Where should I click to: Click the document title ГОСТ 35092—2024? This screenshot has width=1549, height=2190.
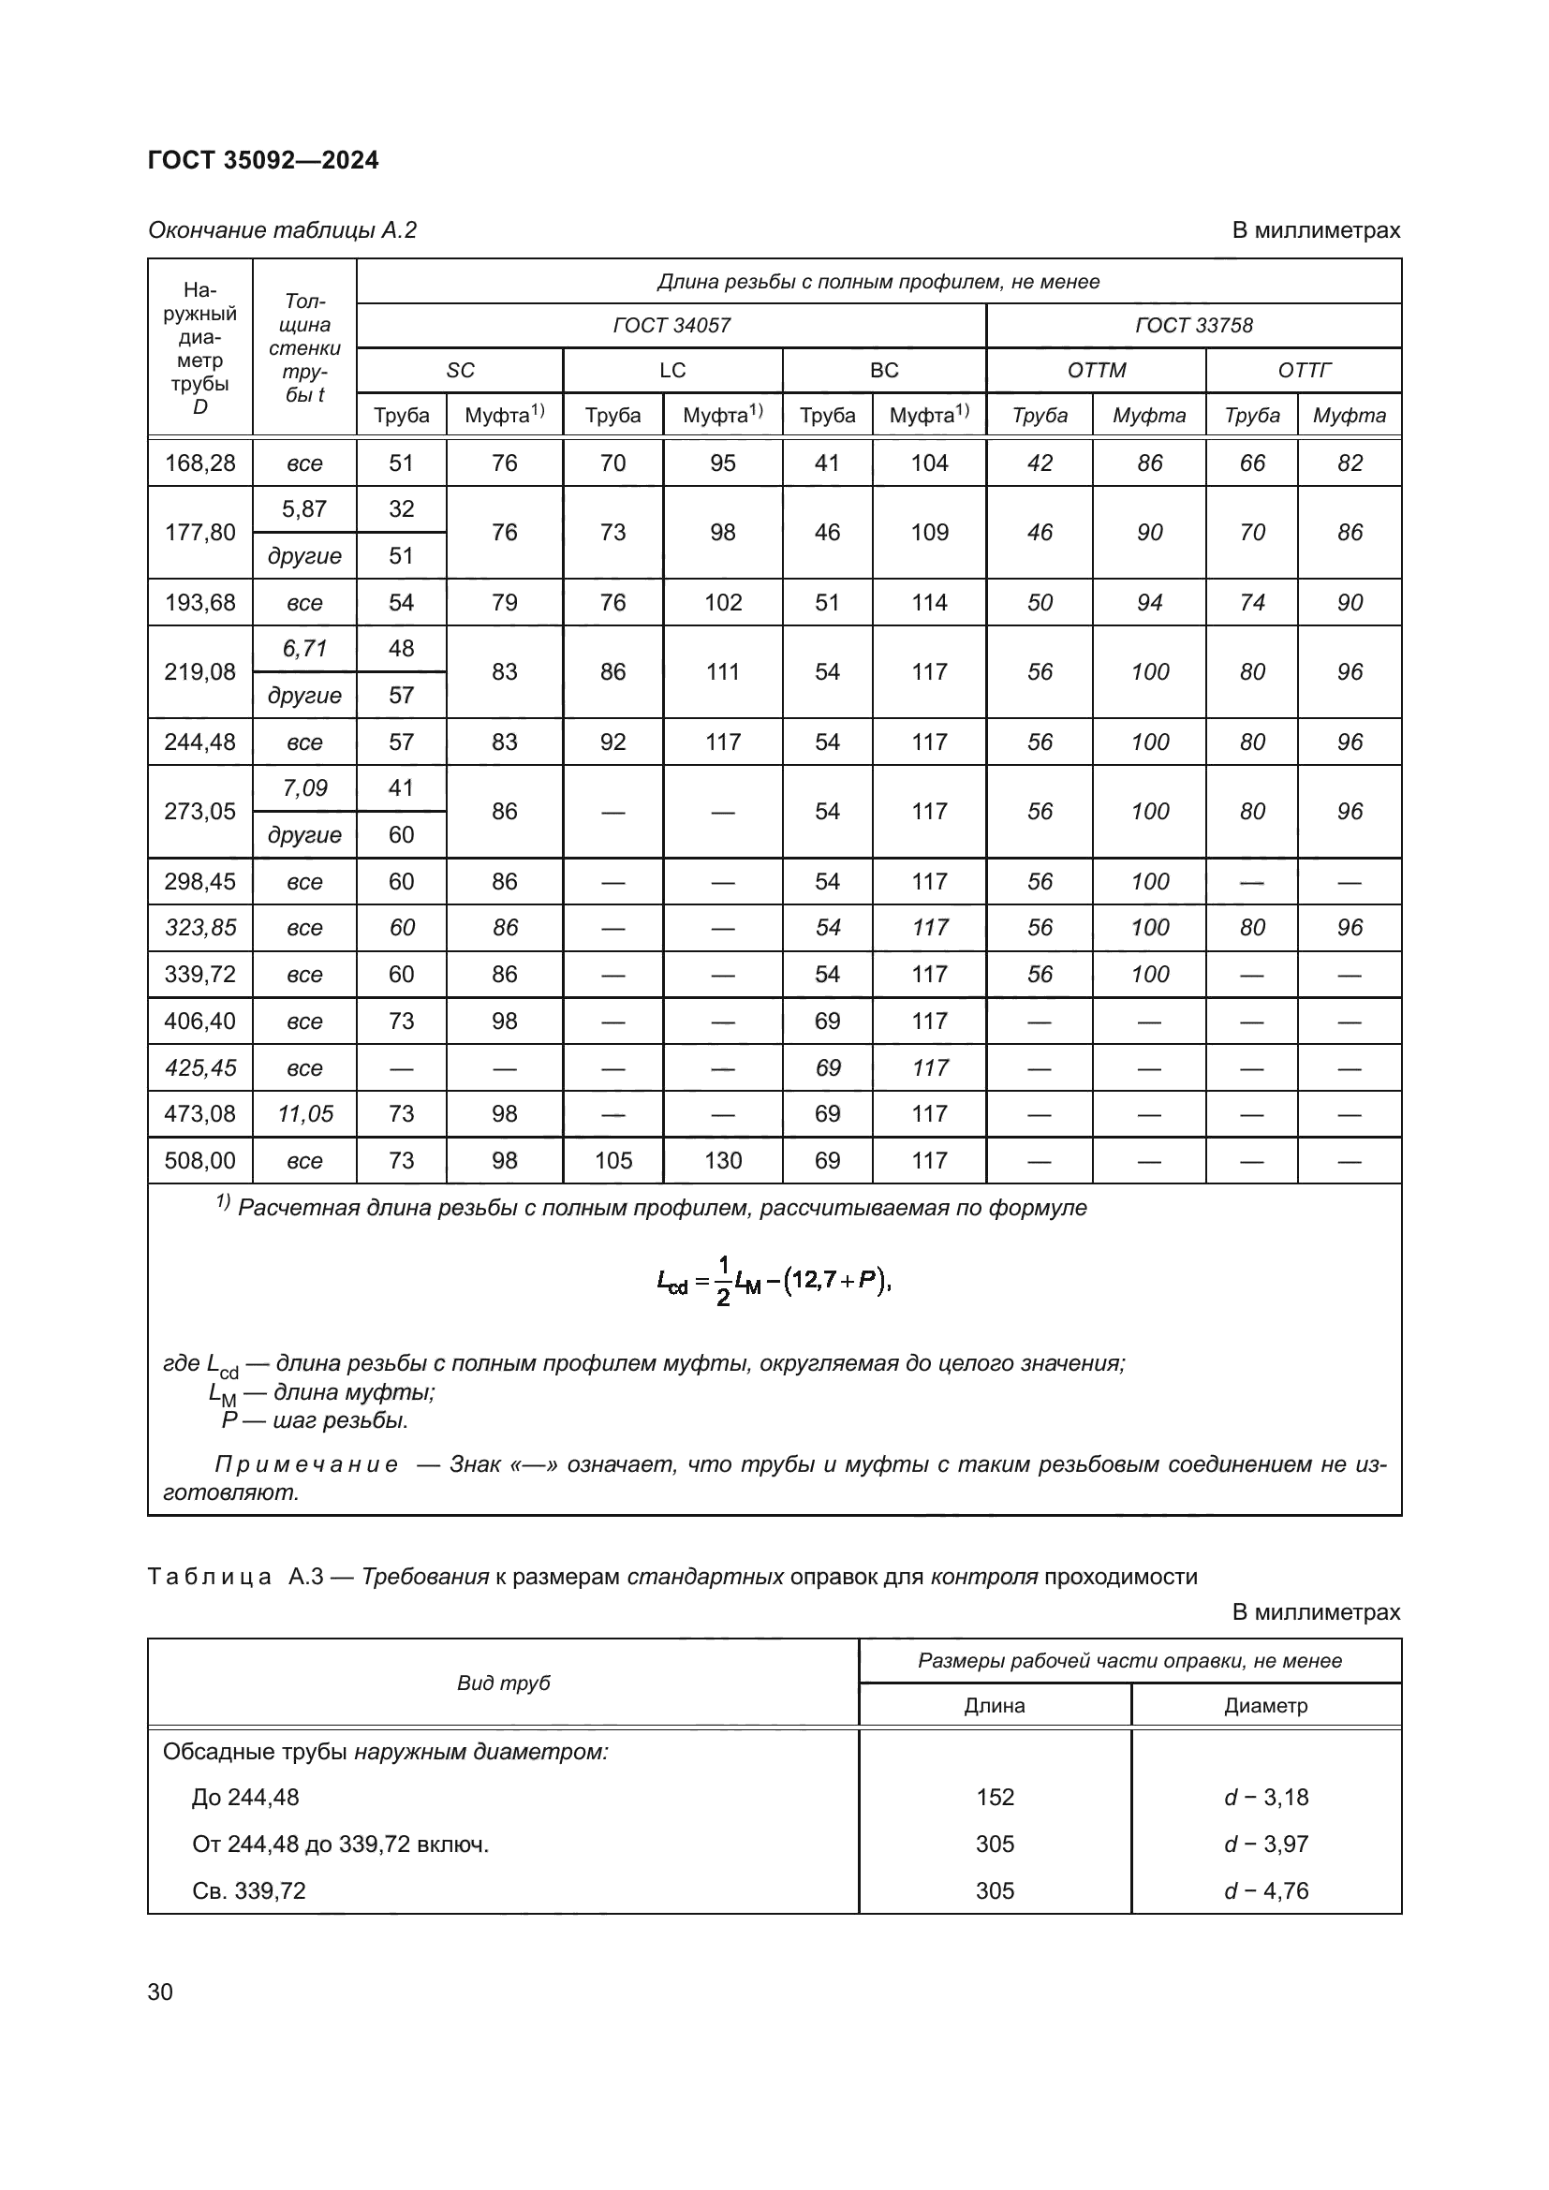[263, 160]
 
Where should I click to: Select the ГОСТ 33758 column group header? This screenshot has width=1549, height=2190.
[1193, 325]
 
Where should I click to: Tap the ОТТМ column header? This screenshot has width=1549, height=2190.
[1096, 370]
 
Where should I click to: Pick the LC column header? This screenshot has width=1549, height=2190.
[672, 370]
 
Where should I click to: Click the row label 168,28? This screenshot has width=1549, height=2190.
[200, 463]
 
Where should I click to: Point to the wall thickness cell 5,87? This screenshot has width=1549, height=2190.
[304, 509]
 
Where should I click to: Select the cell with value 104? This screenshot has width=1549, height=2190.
[929, 463]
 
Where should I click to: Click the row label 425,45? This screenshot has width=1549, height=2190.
[200, 1067]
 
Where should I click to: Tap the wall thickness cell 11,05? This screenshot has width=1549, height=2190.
[304, 1114]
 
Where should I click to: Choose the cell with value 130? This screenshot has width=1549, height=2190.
[723, 1161]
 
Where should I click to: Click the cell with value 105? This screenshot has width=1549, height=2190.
[612, 1161]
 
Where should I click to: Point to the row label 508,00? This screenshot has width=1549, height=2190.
[200, 1161]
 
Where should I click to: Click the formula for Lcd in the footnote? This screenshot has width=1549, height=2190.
[774, 1281]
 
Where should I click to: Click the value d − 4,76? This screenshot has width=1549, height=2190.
[1266, 1890]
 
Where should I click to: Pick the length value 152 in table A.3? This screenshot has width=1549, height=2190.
[995, 1797]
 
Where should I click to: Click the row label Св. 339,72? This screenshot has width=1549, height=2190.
[249, 1890]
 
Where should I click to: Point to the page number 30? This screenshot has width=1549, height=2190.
[160, 1992]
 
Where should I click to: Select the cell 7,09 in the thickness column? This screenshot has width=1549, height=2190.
[304, 787]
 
